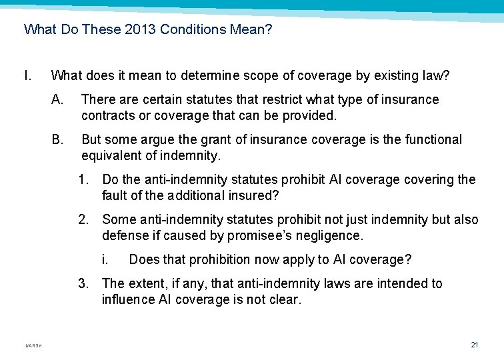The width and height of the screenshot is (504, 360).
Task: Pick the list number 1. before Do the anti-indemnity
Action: [83, 180]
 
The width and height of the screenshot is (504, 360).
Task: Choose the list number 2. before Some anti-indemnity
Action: [83, 220]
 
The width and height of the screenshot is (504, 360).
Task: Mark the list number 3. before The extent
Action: [83, 284]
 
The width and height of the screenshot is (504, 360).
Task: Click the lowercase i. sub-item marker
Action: [105, 259]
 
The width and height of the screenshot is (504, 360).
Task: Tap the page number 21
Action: [475, 345]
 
